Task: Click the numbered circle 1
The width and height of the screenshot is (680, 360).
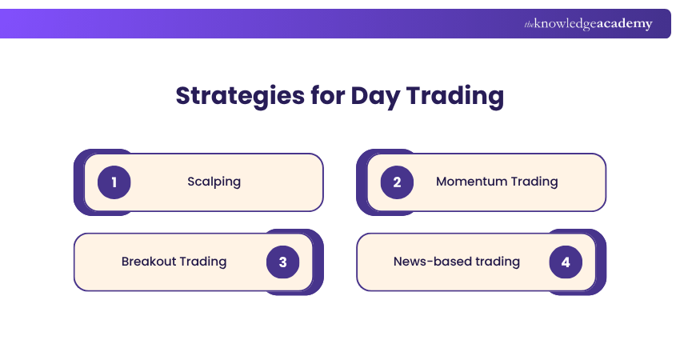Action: click(x=114, y=182)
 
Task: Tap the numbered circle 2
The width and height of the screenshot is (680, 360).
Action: click(x=397, y=182)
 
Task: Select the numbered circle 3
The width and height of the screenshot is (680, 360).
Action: click(x=282, y=262)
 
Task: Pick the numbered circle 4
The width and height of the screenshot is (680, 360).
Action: click(x=566, y=262)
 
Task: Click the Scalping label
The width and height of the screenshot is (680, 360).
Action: click(x=214, y=182)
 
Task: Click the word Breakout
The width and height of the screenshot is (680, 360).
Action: click(x=149, y=262)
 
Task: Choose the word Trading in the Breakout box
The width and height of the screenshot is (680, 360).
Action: click(x=203, y=262)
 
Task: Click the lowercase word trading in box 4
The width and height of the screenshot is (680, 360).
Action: click(x=498, y=262)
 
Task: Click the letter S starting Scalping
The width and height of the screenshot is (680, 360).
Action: click(x=191, y=182)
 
